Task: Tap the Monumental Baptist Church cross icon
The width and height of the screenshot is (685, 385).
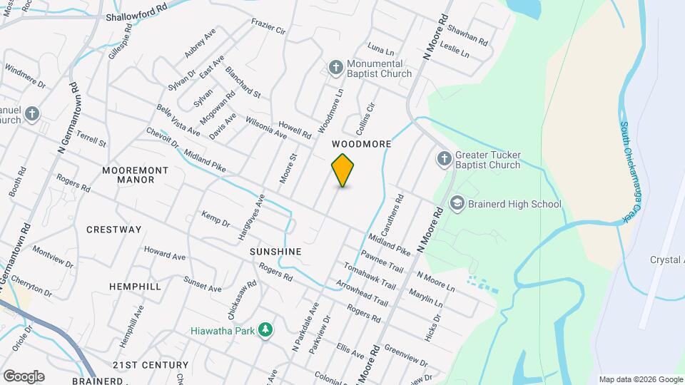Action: tap(336, 68)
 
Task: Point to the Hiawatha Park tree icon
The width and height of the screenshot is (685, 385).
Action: tap(265, 329)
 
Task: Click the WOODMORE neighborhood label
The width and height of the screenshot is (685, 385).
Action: tap(362, 144)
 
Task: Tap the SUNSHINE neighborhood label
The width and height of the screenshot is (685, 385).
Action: tap(275, 252)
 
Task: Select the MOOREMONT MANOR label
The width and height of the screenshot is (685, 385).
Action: tap(135, 175)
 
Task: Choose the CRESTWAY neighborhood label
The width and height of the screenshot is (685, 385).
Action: tap(114, 230)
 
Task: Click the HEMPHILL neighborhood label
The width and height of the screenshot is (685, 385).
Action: tap(135, 286)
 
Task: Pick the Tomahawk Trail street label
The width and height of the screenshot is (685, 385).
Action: tap(369, 274)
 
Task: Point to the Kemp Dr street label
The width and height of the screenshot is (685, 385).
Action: tap(215, 219)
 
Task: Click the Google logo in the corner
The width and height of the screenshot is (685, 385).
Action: tap(24, 376)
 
